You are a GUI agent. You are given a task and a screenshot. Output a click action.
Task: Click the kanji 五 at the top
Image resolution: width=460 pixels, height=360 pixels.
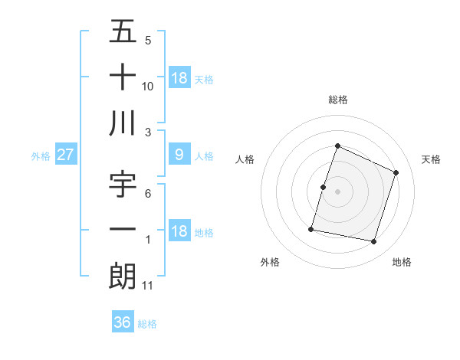pyautogui.click(x=123, y=33)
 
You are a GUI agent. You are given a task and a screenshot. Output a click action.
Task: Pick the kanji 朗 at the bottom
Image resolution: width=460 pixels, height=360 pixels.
pyautogui.click(x=123, y=276)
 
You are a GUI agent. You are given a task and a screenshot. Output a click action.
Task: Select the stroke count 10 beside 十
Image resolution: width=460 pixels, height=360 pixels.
pyautogui.click(x=148, y=86)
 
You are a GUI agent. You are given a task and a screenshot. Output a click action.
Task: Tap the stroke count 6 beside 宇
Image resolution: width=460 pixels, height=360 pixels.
pyautogui.click(x=147, y=195)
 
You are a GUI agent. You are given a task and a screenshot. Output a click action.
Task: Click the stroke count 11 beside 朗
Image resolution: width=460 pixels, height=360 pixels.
pyautogui.click(x=148, y=286)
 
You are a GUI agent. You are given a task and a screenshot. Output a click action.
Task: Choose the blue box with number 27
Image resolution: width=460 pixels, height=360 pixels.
pyautogui.click(x=65, y=155)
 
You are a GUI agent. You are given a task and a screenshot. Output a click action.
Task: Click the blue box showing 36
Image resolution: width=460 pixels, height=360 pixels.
pyautogui.click(x=123, y=322)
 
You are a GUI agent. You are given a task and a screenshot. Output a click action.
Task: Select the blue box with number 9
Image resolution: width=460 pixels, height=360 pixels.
pyautogui.click(x=179, y=155)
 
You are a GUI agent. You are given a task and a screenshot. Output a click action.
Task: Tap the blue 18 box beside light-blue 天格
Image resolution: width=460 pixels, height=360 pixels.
pyautogui.click(x=179, y=78)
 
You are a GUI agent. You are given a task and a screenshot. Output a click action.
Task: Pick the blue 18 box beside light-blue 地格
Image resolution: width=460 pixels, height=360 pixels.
pyautogui.click(x=179, y=232)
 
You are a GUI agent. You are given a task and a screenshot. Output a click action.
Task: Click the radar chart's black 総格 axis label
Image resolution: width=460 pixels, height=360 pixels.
pyautogui.click(x=337, y=100)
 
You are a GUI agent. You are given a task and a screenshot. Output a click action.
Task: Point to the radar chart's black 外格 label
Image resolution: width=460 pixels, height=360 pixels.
pyautogui.click(x=270, y=262)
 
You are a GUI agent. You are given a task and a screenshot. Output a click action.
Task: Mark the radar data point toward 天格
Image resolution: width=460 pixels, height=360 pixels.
pyautogui.click(x=396, y=172)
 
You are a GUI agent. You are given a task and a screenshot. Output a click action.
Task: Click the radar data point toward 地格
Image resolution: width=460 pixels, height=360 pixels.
pyautogui.click(x=373, y=241)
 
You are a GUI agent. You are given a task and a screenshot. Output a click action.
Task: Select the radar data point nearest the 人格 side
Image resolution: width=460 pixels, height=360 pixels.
pyautogui.click(x=323, y=187)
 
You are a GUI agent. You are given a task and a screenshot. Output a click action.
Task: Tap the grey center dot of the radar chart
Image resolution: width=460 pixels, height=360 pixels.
pyautogui.click(x=337, y=191)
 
